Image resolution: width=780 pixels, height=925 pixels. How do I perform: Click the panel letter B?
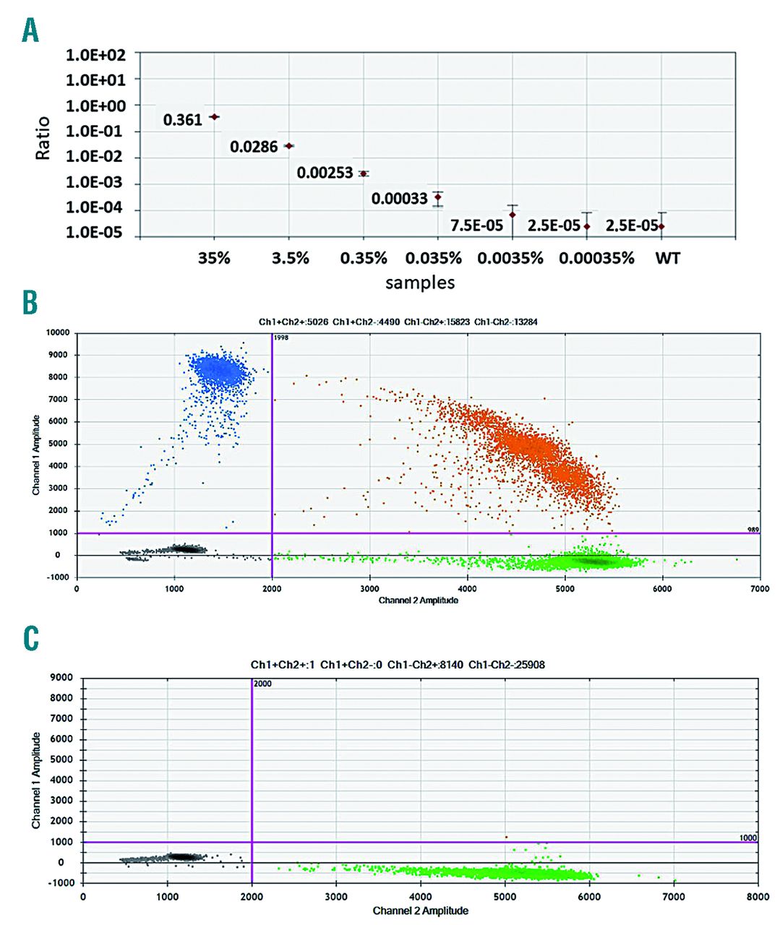pos(30,302)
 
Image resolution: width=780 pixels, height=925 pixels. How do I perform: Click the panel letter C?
pos(30,639)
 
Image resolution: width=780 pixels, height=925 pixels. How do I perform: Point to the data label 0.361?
pos(182,120)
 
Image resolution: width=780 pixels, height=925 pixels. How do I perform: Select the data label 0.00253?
pos(325,173)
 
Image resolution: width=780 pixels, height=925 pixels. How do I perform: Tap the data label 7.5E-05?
pos(476,225)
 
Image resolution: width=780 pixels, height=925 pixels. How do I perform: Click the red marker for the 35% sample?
pos(214,116)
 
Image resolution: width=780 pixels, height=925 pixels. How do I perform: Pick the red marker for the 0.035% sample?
pos(437,197)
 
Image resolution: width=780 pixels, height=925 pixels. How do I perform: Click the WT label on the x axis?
pos(667,258)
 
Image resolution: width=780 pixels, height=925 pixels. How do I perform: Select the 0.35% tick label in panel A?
pos(364,258)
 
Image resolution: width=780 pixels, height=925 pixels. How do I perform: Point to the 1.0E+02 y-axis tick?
pos(95,55)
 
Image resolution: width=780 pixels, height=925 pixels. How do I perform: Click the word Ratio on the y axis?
pos(43,138)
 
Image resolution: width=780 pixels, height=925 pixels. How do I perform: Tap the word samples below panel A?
pos(420,282)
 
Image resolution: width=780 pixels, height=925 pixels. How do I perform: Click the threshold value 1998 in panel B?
pos(281,337)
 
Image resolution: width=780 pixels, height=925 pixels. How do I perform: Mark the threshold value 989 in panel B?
pos(753,530)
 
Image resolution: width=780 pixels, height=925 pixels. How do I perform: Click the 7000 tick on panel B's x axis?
pos(759,589)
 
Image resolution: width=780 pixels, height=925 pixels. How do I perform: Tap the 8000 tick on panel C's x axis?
pos(758,897)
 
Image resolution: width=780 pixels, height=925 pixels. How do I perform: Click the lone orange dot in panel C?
pos(506,837)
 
